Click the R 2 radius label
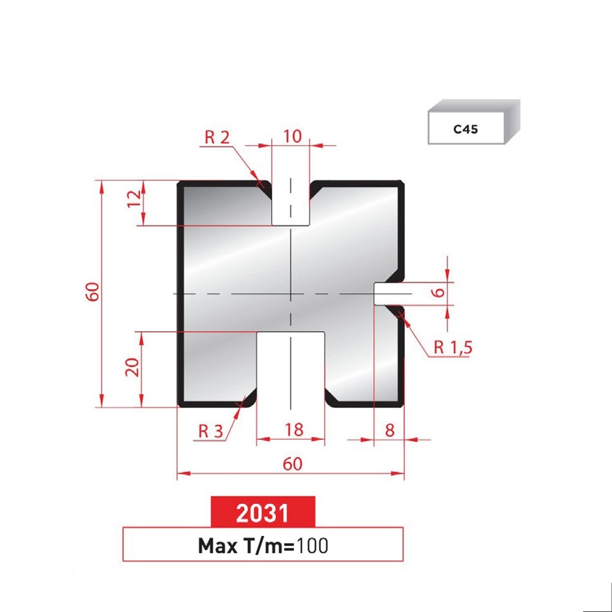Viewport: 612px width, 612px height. click(x=217, y=137)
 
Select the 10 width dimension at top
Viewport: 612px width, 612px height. click(x=292, y=136)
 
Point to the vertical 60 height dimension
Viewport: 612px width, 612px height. click(x=91, y=292)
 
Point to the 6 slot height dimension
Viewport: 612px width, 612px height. click(x=438, y=292)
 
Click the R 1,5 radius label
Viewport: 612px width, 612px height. click(x=452, y=348)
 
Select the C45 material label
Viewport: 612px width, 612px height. click(x=466, y=129)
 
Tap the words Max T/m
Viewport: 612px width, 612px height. click(x=243, y=545)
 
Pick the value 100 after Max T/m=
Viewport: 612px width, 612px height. click(x=312, y=545)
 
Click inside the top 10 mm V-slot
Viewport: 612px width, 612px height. click(x=291, y=203)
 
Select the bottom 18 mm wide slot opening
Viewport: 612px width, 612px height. click(x=291, y=371)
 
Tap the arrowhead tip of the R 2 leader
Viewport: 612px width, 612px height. click(x=262, y=184)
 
